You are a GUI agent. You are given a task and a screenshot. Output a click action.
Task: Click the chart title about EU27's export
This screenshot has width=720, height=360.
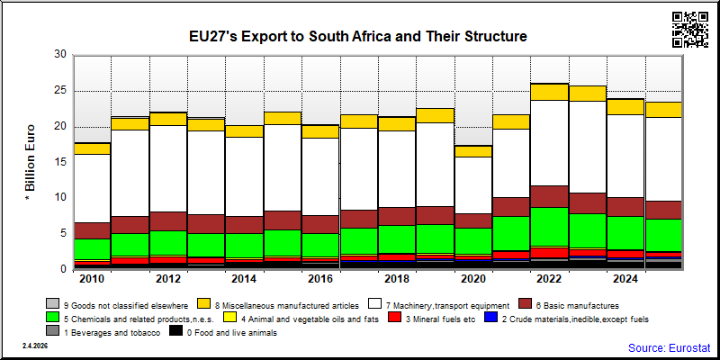358,36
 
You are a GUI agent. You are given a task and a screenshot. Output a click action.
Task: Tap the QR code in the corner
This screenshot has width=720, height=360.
690,30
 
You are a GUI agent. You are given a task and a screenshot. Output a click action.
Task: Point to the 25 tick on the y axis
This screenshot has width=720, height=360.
60,91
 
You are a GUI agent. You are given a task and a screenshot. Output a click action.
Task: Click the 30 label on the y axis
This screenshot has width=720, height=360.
60,55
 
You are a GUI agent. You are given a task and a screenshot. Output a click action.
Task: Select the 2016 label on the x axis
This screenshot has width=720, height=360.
319,279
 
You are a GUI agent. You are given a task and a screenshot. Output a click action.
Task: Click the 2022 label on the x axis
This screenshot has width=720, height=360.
549,279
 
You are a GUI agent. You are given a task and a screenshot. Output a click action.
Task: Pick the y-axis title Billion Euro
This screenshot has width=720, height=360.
31,161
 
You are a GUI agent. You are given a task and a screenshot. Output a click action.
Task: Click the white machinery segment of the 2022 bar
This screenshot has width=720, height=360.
549,143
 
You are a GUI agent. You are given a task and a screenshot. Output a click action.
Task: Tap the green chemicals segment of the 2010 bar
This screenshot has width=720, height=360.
92,249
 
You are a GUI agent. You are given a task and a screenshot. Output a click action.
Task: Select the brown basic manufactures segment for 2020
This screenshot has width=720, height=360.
473,220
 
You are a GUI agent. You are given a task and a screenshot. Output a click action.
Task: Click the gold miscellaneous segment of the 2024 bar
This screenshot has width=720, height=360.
625,107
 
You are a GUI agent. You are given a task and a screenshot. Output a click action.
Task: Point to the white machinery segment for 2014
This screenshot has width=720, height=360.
244,176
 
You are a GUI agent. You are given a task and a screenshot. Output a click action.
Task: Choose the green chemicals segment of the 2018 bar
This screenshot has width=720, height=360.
397,239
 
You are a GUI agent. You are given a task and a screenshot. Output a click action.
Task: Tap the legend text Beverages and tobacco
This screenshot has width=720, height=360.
111,332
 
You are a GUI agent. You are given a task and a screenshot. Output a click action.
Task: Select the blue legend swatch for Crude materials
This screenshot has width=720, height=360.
491,318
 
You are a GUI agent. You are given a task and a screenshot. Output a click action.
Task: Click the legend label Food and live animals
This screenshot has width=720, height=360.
232,332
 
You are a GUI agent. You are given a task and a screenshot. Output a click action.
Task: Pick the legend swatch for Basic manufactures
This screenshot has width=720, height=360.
525,303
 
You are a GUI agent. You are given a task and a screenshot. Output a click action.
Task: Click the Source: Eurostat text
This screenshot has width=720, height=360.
669,347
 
